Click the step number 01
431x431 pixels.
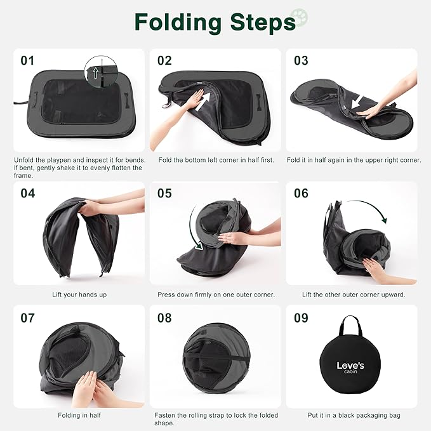coord(27,61)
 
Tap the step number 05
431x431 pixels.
coord(164,194)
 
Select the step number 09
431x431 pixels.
coord(301,318)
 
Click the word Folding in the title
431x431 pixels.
coord(178,23)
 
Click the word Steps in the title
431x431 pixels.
coord(263,23)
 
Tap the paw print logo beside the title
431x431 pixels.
coord(299,18)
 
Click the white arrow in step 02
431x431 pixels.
coord(203,102)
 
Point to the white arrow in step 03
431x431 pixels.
coord(357,103)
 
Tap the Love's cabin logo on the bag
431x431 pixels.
coord(350,368)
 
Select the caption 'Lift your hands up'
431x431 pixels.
coord(79,295)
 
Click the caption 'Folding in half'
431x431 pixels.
coord(79,415)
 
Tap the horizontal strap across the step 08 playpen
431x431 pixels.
coord(216,356)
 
